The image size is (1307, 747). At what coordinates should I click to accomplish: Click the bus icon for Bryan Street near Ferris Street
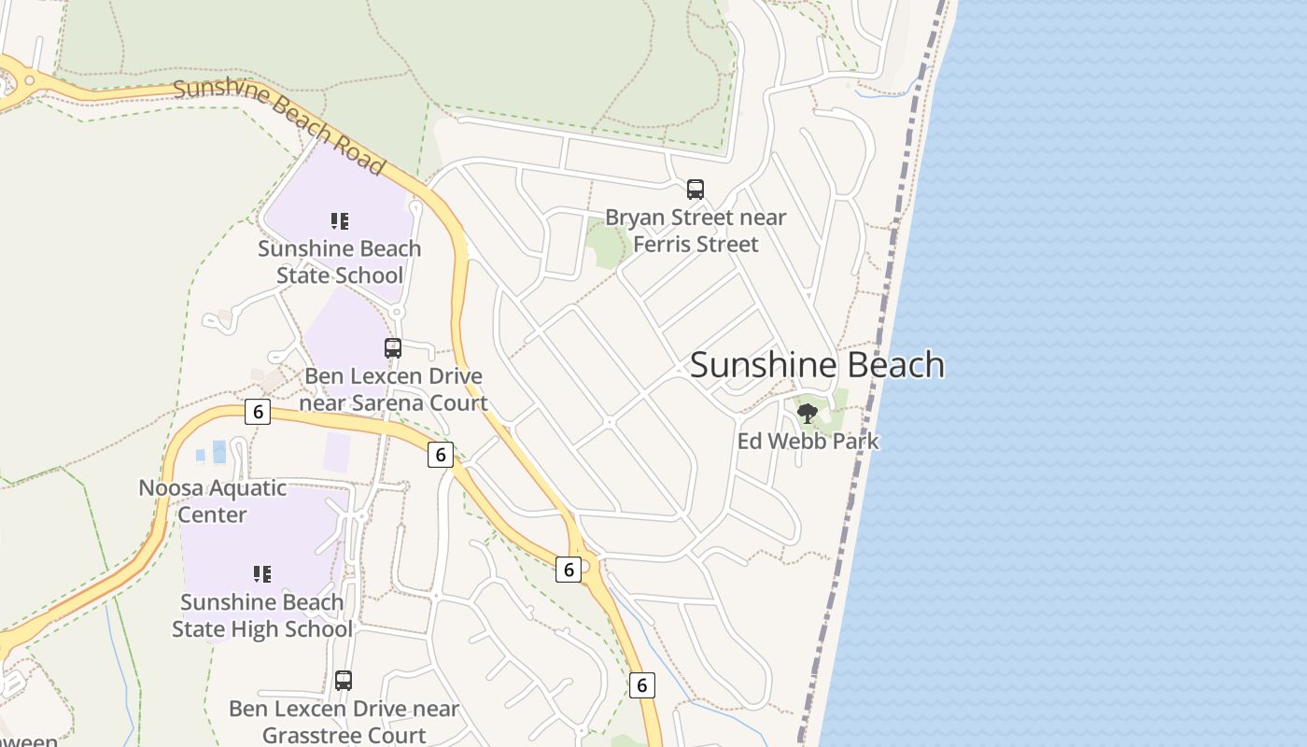(x=696, y=190)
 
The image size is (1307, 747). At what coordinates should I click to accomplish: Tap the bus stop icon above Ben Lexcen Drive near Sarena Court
(x=393, y=348)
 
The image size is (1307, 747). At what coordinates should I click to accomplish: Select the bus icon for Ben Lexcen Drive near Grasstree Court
(x=344, y=681)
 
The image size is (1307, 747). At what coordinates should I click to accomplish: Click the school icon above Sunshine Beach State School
(x=340, y=221)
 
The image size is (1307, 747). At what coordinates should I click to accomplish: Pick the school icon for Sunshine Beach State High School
(x=262, y=573)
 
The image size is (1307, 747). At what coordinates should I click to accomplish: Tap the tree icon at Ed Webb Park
(x=808, y=412)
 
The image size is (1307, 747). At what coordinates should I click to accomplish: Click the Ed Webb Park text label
(x=808, y=441)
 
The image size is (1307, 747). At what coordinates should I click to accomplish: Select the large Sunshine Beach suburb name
(x=817, y=365)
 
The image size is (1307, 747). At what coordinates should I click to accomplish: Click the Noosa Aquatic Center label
(x=213, y=500)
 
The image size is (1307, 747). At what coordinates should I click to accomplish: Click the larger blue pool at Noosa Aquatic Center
(x=219, y=452)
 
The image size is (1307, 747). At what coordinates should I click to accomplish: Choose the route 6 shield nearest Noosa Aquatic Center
(x=258, y=412)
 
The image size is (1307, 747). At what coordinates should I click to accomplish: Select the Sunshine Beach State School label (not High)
(x=340, y=262)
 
